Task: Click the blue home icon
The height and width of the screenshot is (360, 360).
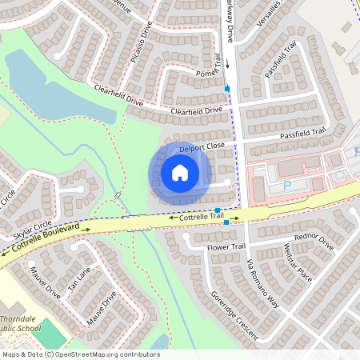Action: click(180, 173)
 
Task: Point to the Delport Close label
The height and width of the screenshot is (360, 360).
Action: click(202, 148)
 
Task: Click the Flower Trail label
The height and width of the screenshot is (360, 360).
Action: click(224, 248)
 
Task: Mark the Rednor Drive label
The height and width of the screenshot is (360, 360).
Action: click(314, 242)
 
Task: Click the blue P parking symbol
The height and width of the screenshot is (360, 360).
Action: click(287, 186)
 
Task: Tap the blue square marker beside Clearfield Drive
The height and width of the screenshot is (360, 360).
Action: click(228, 87)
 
